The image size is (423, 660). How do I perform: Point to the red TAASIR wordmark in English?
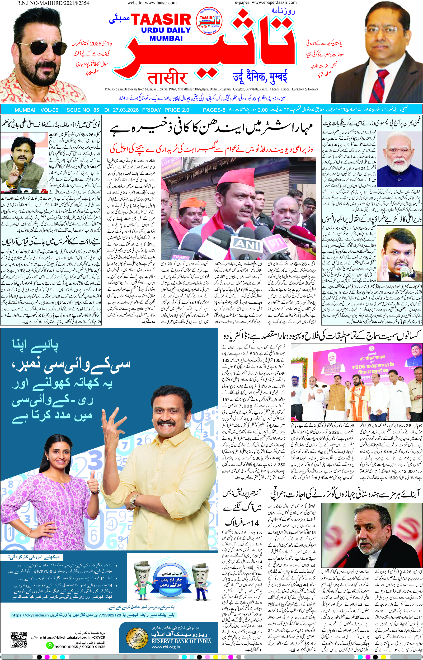161,20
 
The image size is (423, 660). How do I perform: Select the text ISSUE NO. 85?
82,110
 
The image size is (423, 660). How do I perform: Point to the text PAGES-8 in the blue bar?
214,110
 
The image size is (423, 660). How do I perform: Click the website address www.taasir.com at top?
152,3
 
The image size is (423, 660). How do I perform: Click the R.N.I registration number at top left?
53,3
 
